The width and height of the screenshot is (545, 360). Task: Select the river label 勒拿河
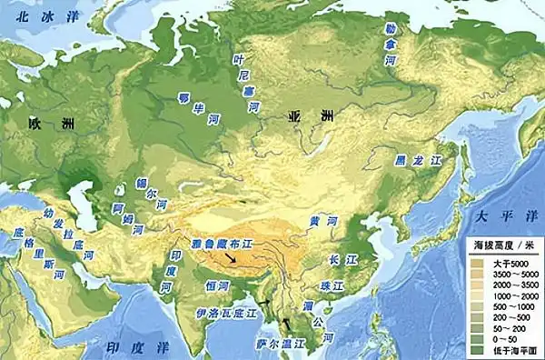coord(390,45)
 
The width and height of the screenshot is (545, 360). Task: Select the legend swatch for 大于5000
coord(479,263)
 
